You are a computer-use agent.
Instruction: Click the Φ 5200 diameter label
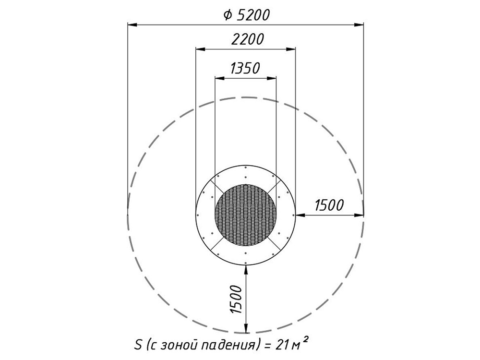click(246, 15)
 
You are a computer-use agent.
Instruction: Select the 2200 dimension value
click(247, 39)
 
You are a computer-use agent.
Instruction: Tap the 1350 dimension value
click(245, 68)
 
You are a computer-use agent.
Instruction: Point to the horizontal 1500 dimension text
click(329, 205)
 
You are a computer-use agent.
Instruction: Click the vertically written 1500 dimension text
click(236, 299)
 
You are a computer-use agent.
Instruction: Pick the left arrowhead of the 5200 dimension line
click(132, 24)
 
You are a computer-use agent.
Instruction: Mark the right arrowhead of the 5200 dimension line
click(359, 24)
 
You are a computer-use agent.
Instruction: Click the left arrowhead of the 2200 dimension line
click(201, 49)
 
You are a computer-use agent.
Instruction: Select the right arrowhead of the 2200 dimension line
click(291, 49)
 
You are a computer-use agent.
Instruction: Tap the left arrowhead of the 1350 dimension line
click(220, 78)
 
